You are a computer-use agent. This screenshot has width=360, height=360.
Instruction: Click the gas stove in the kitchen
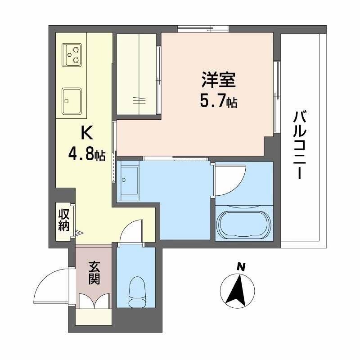click(72, 54)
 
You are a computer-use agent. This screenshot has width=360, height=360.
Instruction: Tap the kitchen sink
click(72, 99)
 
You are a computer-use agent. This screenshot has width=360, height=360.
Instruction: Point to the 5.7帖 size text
click(218, 102)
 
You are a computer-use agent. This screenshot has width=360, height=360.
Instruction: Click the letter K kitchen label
click(86, 134)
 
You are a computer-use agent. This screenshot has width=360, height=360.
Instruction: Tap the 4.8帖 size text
click(86, 154)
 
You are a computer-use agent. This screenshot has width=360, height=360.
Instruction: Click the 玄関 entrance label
click(93, 272)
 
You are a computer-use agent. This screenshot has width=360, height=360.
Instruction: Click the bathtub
click(243, 223)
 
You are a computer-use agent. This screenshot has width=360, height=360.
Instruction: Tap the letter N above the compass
click(241, 266)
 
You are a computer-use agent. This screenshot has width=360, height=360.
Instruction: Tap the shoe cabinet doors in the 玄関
click(93, 301)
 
